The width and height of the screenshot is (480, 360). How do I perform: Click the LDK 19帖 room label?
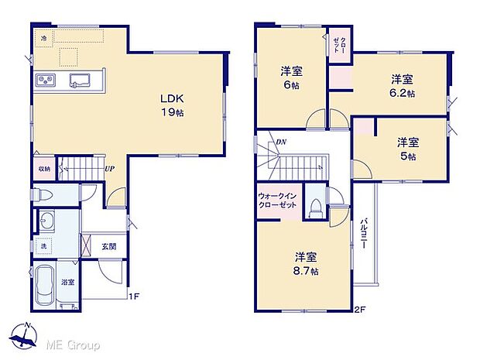click(171, 105)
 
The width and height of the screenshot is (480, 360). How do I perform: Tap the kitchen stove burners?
click(43, 80)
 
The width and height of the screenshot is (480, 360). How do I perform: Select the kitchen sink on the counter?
click(79, 80)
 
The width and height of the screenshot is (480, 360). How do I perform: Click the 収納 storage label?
click(45, 168)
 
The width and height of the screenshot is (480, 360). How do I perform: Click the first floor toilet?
click(50, 195)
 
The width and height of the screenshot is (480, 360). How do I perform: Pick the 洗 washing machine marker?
click(43, 247)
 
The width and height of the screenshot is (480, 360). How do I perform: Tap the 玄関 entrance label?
click(108, 247)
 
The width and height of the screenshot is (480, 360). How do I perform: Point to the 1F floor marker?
click(133, 295)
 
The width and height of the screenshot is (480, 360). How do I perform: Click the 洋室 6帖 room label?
click(292, 77)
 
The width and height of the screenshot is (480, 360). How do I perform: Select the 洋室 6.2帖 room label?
click(402, 85)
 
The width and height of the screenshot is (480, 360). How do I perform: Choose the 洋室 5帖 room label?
click(408, 149)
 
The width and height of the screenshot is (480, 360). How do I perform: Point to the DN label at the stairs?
click(282, 142)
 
